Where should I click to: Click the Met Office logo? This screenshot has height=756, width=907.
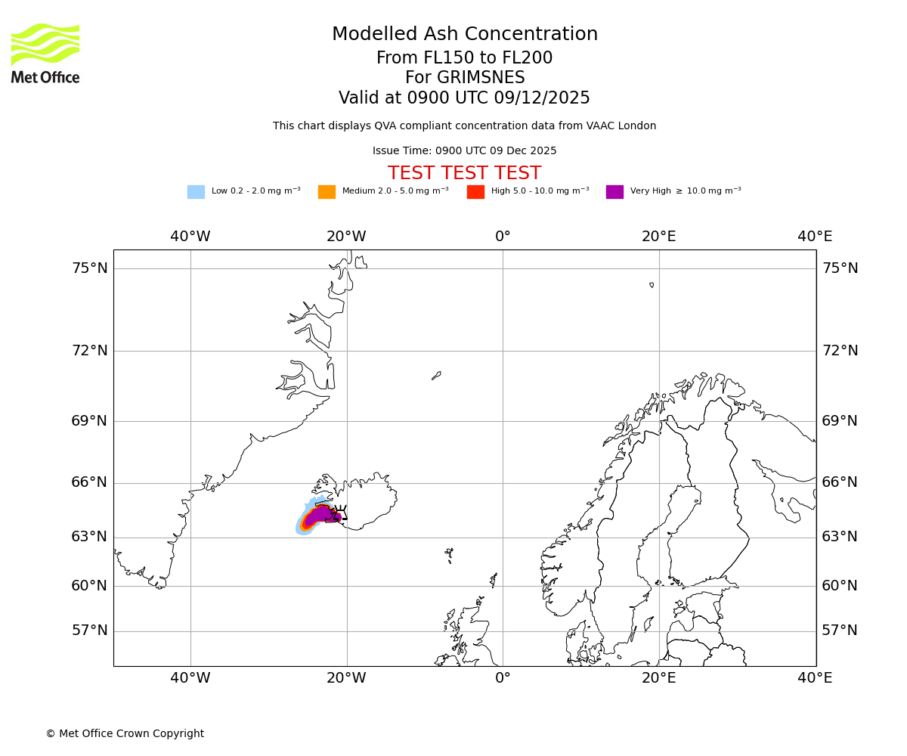point(45,53)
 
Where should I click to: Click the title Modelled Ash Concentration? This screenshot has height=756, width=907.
point(465,35)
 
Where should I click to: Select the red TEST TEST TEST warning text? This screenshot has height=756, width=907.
point(464,174)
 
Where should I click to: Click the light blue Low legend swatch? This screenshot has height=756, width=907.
point(196,192)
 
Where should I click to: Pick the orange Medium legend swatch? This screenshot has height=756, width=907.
point(327,192)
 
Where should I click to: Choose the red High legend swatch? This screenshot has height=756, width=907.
point(475,192)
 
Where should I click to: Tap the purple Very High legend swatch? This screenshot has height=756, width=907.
point(614,192)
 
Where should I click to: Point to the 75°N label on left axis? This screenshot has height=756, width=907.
point(89,268)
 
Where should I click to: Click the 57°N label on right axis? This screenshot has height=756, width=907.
point(840,631)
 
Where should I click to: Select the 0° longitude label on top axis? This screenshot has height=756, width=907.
point(503,237)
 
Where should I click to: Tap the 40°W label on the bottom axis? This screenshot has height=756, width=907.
point(190,678)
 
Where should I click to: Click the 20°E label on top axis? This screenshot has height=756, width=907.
point(659,237)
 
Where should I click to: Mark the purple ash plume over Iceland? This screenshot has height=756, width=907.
point(321,514)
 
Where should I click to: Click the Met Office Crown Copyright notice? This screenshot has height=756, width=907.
point(125,733)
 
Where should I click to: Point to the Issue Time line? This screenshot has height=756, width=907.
point(464,151)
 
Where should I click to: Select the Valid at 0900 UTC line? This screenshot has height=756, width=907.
point(464,98)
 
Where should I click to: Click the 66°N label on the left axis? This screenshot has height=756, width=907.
point(89,482)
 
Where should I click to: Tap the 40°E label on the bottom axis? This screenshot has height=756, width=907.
point(815,678)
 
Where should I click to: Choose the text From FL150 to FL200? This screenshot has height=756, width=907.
point(464,58)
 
